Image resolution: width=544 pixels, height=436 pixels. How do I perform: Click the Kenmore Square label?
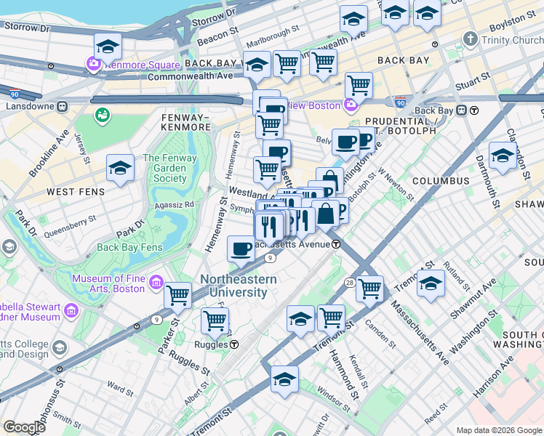[x=136, y=65]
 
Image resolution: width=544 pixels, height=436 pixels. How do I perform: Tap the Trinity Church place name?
[x=512, y=40]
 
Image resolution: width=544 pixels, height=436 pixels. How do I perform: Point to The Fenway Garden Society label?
[x=169, y=168]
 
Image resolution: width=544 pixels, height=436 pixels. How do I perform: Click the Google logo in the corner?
[x=25, y=427]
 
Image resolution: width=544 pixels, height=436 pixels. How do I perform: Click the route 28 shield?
[x=350, y=282]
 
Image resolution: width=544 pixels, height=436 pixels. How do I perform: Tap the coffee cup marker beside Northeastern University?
[x=241, y=249]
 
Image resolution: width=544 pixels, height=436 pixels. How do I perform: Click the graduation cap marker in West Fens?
[x=120, y=167]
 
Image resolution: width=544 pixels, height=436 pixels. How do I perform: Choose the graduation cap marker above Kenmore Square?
[x=107, y=47]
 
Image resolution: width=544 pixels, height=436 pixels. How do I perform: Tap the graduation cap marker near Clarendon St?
[x=503, y=155]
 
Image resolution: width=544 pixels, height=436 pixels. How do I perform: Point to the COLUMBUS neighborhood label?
[x=441, y=180]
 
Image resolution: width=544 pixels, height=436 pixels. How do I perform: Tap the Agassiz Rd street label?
[x=179, y=205]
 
